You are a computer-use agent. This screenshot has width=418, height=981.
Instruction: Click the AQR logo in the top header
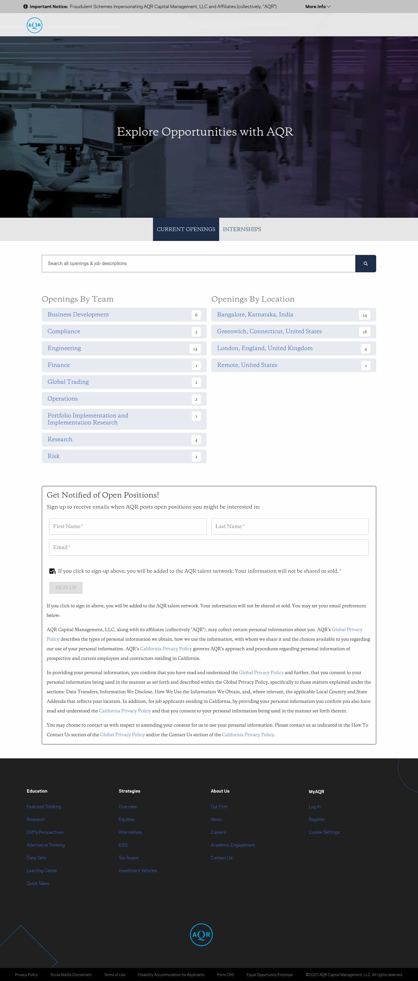pos(34,25)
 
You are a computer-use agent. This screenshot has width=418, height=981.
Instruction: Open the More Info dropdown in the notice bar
pos(318,6)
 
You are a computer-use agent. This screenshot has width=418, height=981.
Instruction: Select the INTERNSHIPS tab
pos(242,229)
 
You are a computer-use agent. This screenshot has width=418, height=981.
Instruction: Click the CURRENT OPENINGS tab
pos(186,229)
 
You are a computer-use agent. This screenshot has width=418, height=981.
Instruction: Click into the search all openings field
pos(198,264)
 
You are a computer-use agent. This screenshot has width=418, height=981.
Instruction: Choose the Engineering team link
pos(64,348)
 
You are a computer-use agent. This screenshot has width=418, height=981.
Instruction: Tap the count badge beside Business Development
pos(196,315)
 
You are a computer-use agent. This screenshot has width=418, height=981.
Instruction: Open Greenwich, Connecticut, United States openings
pos(269,331)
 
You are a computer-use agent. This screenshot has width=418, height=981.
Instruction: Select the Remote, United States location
pos(247,365)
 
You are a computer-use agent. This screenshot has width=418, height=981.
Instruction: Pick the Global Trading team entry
pos(68,381)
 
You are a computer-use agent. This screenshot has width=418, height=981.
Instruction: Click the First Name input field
pos(127,526)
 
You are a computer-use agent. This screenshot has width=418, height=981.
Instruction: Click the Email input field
pos(209,547)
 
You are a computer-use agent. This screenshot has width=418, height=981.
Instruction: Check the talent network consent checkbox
pos(52,571)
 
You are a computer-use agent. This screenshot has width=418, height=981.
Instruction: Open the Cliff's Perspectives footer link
pos(45,832)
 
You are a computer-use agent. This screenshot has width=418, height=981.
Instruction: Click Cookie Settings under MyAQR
pos(324,832)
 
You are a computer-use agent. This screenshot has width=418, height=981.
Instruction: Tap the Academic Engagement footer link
pos(233,845)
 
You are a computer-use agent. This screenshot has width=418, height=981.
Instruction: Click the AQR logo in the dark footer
pos(201,935)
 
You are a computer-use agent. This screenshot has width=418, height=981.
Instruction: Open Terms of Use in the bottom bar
pos(115,975)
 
